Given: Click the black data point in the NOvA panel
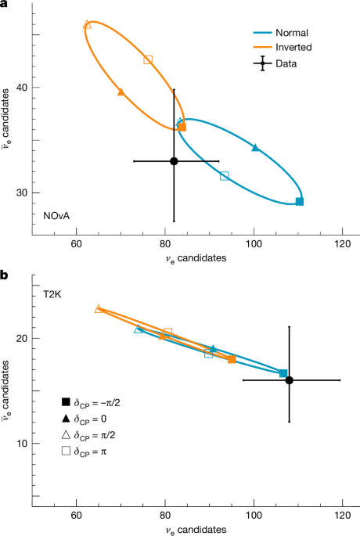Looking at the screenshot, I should (x=174, y=161).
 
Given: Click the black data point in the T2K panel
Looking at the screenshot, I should (x=290, y=380).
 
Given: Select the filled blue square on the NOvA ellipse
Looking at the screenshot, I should (x=300, y=202).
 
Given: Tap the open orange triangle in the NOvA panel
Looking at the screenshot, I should (x=87, y=24).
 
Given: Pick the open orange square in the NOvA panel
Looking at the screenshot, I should (x=148, y=59).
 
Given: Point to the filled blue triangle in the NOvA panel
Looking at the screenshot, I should (x=255, y=147).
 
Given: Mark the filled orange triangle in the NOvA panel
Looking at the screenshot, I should (x=121, y=92).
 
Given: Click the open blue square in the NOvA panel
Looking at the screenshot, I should (x=225, y=176).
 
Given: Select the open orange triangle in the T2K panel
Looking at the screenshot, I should (x=99, y=308).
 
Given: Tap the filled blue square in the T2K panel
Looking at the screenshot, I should (x=283, y=373).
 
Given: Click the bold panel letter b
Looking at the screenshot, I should (x=5, y=274).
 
